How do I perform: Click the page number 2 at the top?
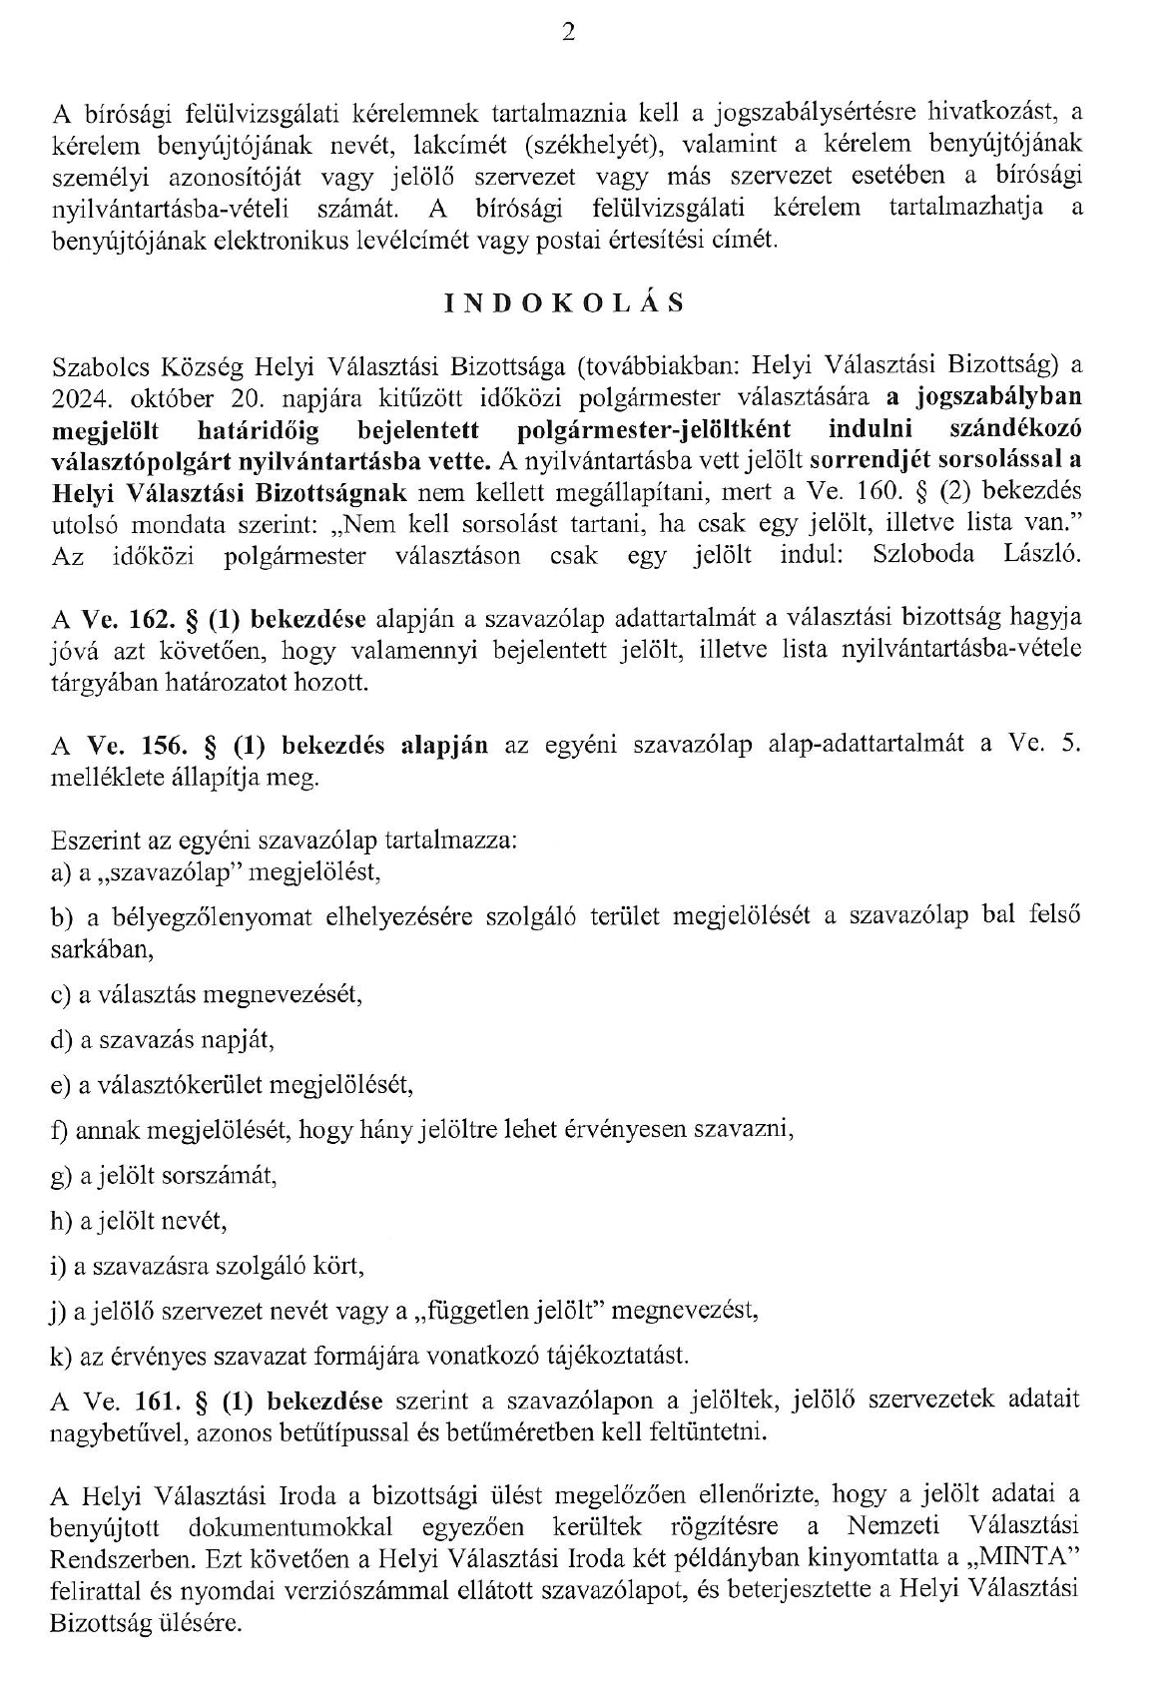click(x=568, y=33)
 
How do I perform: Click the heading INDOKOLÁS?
click(x=565, y=303)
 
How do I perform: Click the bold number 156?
click(x=152, y=746)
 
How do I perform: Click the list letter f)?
click(x=59, y=1130)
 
